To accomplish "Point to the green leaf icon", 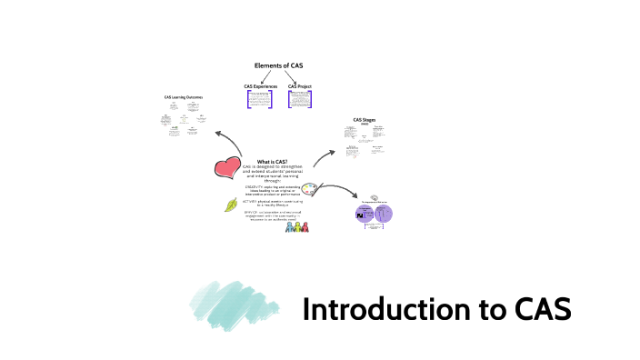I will [x=232, y=205].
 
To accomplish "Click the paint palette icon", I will [x=310, y=190].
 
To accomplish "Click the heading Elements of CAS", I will [x=279, y=65].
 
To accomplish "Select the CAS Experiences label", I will [x=261, y=86].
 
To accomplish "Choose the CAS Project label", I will [x=299, y=86].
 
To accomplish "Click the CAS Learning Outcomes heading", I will [x=184, y=96].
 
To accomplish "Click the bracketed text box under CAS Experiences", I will [x=260, y=99].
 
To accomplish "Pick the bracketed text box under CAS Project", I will [x=300, y=99].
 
